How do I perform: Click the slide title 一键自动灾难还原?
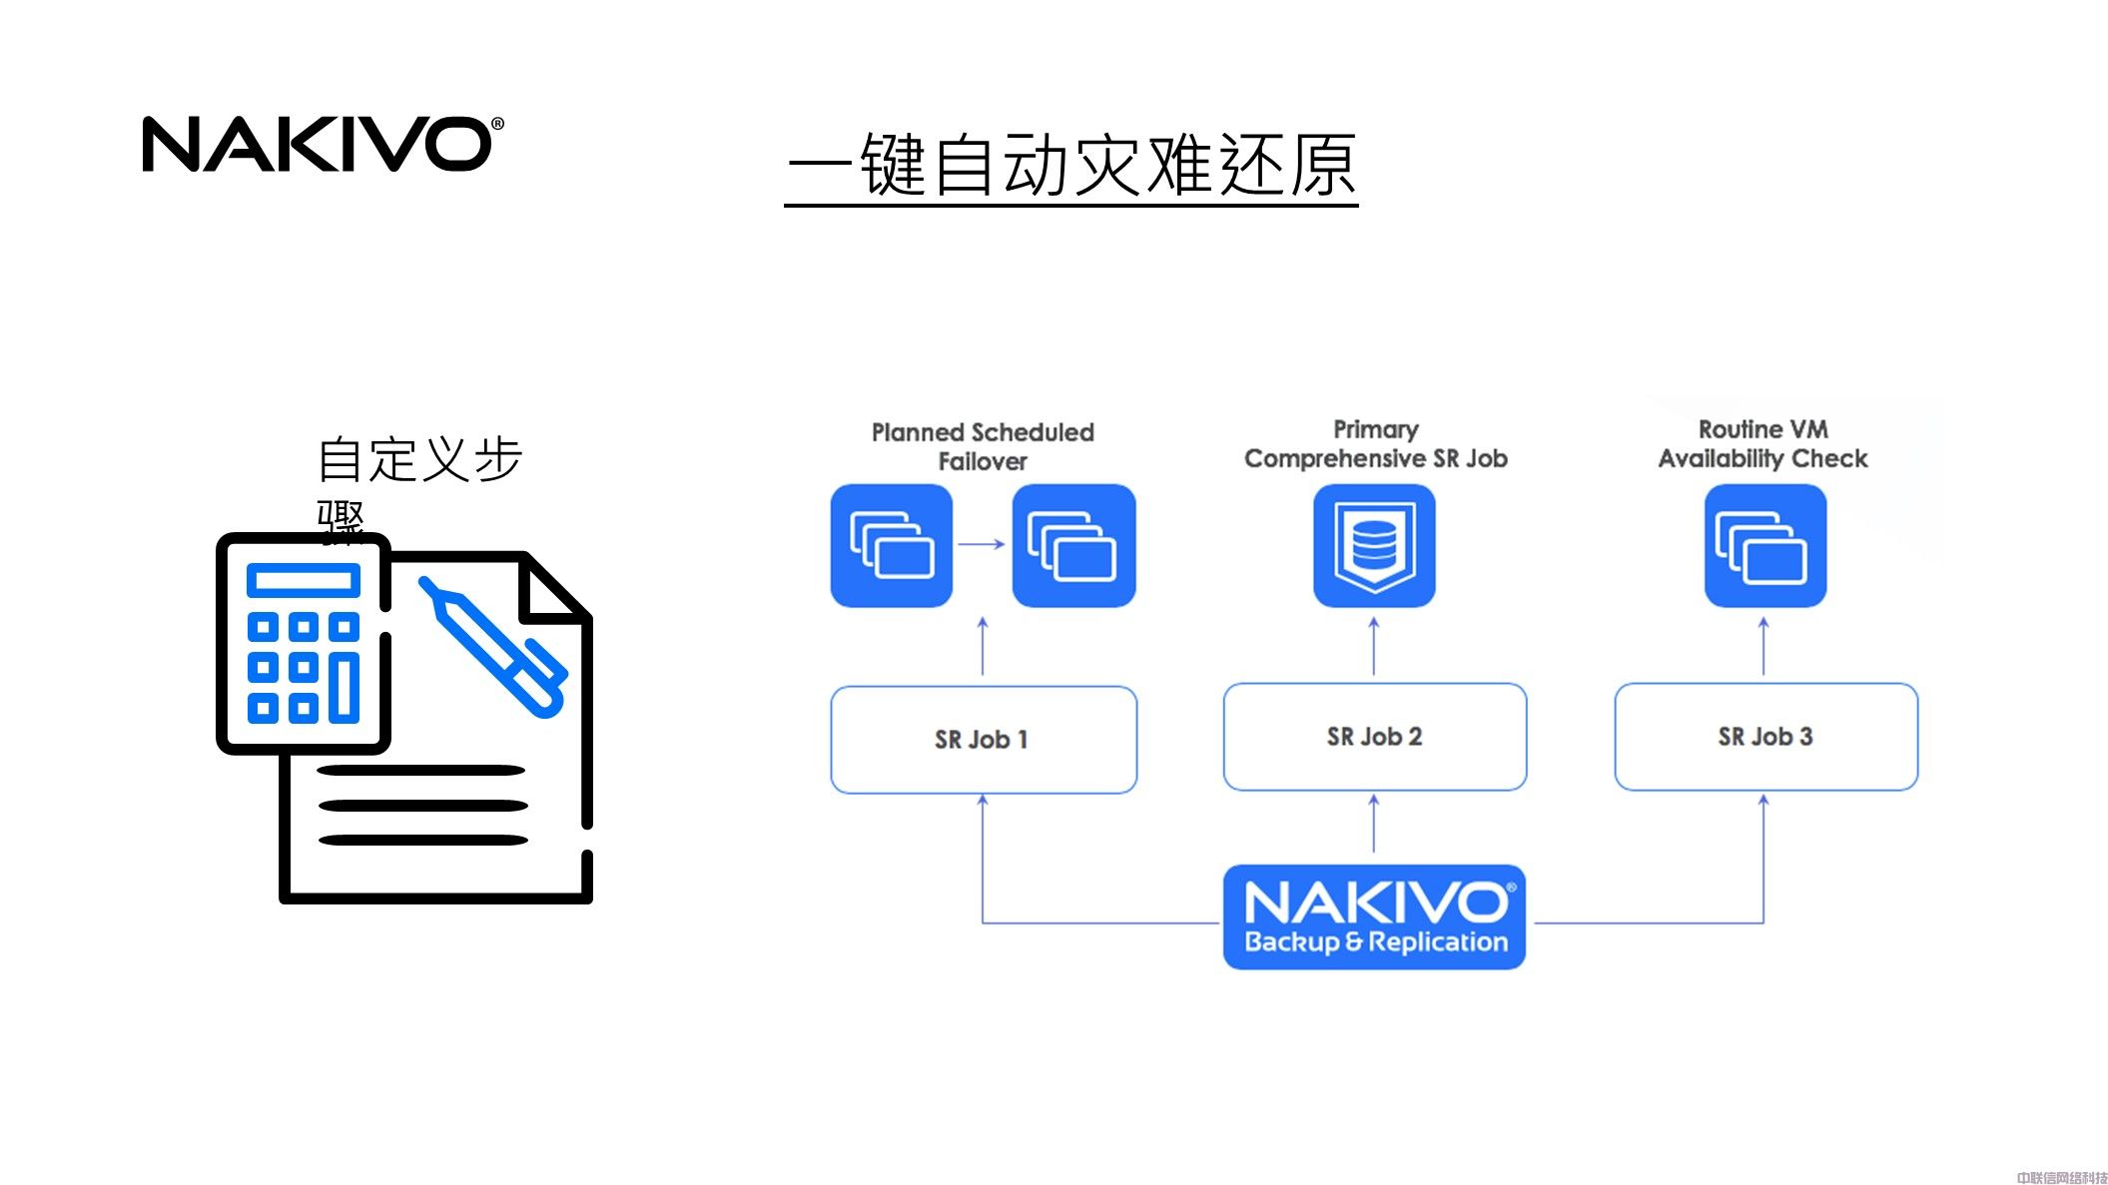coord(1070,166)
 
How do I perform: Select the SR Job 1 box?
coord(983,740)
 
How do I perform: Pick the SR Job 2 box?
coord(1374,737)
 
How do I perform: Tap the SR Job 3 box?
coord(1764,737)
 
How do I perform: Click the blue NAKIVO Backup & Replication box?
coord(1374,916)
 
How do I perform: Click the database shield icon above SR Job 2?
coord(1374,545)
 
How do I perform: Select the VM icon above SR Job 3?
coord(1764,545)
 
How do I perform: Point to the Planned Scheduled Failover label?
coord(983,446)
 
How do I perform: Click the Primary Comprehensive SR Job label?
coord(1375,444)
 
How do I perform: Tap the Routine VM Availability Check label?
coord(1762,444)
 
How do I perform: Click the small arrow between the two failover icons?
coord(982,544)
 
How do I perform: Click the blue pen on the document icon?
coord(493,646)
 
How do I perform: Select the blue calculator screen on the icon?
coord(304,580)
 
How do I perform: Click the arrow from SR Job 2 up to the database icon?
coord(1374,646)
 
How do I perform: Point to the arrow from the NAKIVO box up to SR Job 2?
coord(1374,824)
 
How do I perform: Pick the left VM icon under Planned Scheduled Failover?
coord(891,545)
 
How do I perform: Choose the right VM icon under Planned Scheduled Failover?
coord(1073,545)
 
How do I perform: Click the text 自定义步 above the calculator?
coord(419,460)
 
